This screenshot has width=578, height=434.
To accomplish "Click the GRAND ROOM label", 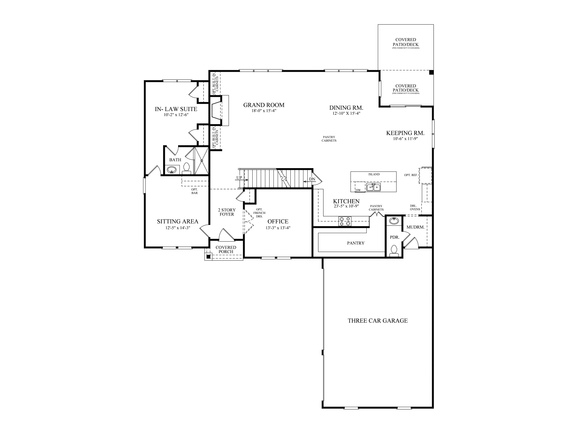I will (264, 105).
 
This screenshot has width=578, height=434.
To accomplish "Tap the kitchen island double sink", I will (373, 187).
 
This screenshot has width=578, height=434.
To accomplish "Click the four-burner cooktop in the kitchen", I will (345, 221).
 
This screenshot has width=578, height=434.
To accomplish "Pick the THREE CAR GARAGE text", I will (377, 321).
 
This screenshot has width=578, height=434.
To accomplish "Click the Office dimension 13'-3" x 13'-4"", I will (278, 228).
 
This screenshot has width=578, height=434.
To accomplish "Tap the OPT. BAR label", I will (194, 191).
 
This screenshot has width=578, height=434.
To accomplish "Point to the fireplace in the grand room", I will (216, 110).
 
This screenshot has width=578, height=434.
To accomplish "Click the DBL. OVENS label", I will (415, 207).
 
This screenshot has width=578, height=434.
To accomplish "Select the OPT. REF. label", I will (411, 175).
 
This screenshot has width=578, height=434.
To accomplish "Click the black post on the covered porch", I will (208, 257).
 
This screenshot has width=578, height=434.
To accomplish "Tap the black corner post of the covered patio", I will (431, 73).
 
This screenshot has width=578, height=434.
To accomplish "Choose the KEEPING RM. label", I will (405, 133).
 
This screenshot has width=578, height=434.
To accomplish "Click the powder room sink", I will (394, 220).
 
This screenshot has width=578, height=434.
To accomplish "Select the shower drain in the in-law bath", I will (202, 161).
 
